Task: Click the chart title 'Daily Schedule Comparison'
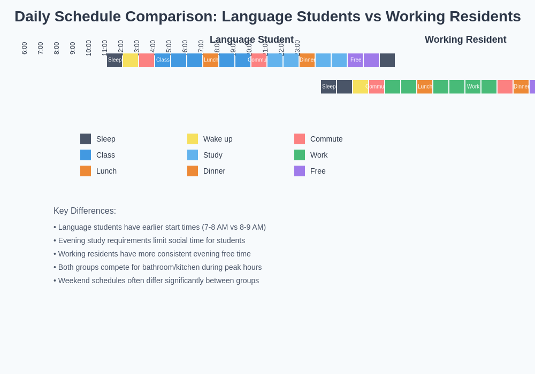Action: coord(267,17)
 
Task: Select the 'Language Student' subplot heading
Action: coord(251,40)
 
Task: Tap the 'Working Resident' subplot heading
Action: coord(465,40)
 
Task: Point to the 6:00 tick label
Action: coord(25,48)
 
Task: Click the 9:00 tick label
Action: coord(73,48)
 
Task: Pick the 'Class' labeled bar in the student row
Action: coord(163,60)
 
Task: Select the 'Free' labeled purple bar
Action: coord(355,60)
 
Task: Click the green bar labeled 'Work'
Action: coord(473,87)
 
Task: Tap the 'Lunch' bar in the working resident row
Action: coord(425,87)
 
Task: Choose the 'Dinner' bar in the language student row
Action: coord(307,60)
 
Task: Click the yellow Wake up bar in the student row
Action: coord(131,60)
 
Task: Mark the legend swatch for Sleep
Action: coord(86,139)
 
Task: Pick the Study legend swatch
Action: coord(193,155)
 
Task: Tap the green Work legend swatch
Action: coord(300,155)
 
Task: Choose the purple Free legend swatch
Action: coord(300,171)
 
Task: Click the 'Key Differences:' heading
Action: coord(85,211)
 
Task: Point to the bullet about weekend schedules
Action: coord(156,280)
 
